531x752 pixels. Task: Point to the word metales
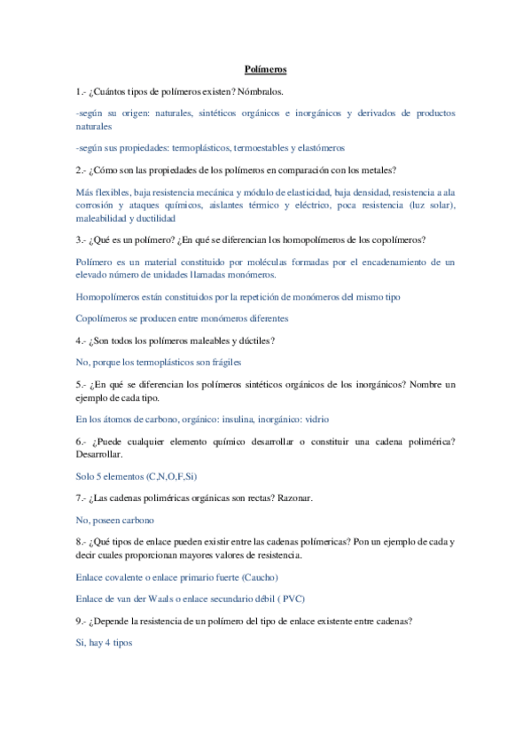[376, 169]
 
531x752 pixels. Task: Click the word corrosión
[97, 205]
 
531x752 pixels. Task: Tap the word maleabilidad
[100, 217]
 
